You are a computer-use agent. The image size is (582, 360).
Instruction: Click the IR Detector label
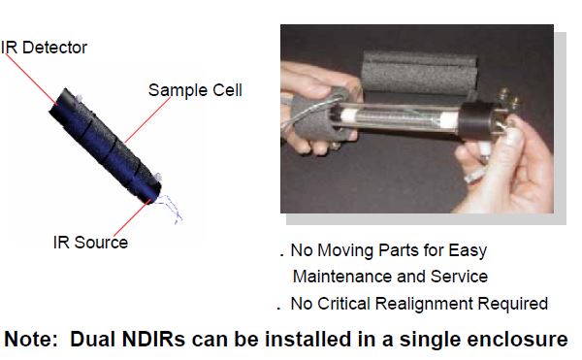click(x=44, y=48)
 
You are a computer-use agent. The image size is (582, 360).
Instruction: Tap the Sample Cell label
click(x=195, y=90)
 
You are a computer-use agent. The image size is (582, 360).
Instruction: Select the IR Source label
click(x=90, y=243)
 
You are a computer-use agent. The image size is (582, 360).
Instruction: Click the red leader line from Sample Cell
click(x=147, y=120)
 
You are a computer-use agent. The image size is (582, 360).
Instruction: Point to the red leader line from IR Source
click(x=132, y=218)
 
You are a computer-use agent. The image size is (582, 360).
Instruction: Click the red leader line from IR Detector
click(x=30, y=78)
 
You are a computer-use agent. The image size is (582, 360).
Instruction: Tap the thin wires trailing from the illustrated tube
click(x=169, y=209)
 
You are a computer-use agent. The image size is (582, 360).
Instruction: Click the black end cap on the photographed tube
click(x=474, y=120)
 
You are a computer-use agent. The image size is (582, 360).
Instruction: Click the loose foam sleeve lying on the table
click(x=419, y=73)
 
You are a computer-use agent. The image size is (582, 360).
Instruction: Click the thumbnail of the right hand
click(x=513, y=134)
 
